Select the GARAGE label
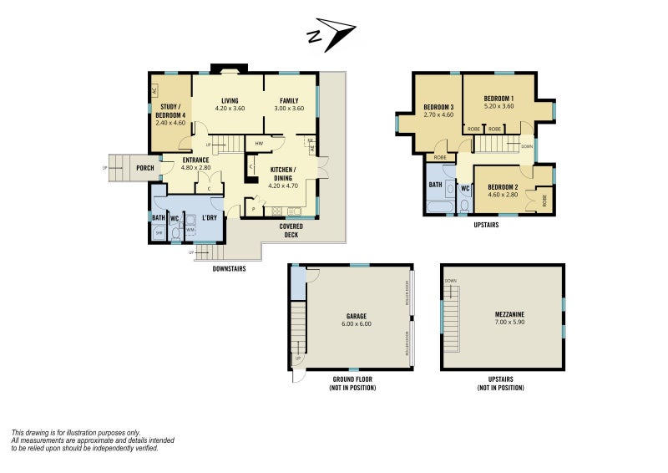357,317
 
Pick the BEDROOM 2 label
503,186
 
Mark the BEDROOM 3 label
438,107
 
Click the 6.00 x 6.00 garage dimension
357,323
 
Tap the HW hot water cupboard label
260,144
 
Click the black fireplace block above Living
227,69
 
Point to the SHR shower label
159,233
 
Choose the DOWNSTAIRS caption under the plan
229,268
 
